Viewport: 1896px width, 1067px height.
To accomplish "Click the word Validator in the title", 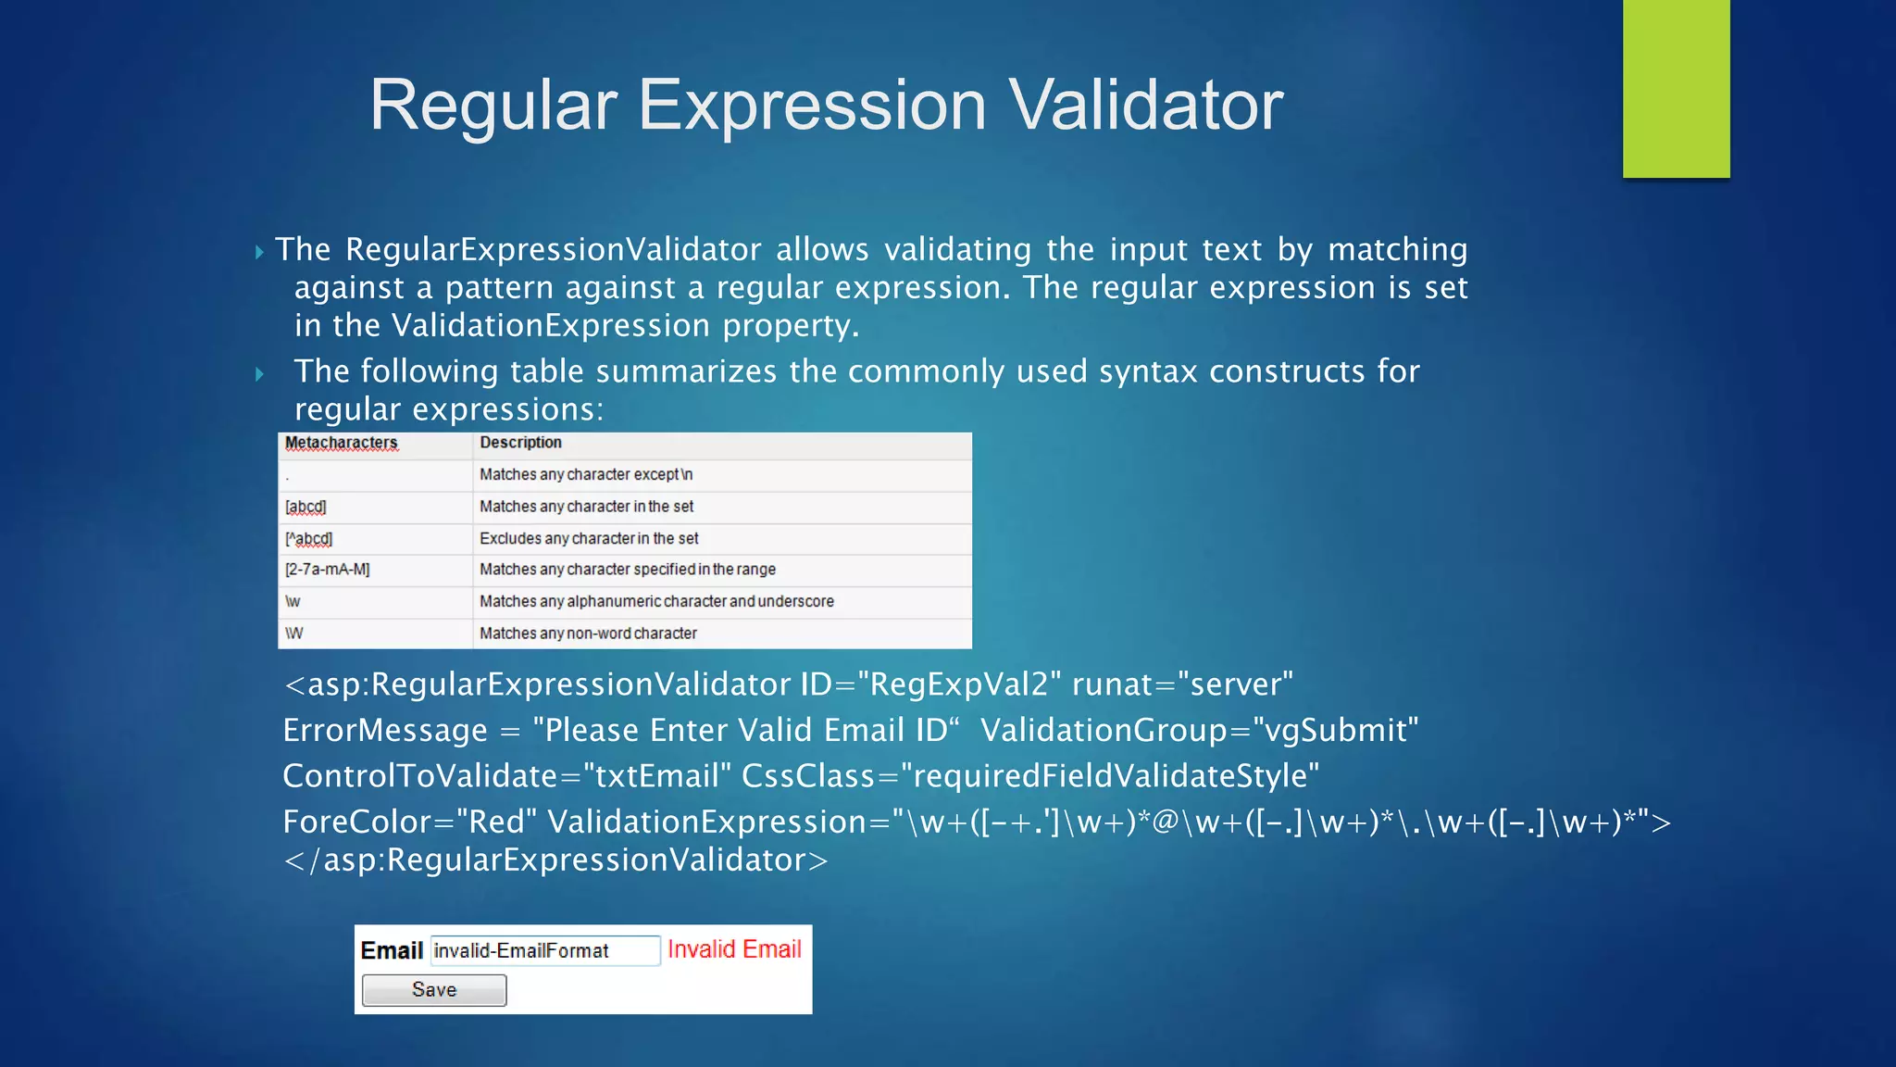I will (1145, 105).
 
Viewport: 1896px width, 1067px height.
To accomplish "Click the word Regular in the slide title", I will (493, 105).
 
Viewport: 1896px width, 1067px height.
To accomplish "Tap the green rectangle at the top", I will (1676, 88).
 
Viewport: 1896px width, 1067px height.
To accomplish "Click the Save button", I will (434, 990).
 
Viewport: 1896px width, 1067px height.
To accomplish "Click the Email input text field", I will (544, 950).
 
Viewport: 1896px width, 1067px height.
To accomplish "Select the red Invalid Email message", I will (734, 949).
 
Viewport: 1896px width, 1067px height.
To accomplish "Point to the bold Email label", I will (392, 950).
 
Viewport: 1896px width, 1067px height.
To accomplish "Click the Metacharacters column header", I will (341, 443).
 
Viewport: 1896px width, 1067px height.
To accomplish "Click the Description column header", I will (520, 443).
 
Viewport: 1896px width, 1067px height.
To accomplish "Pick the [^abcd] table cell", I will (308, 538).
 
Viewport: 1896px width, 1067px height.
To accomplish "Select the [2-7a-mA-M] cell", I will (327, 570).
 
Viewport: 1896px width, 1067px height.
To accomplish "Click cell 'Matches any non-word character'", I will (588, 634).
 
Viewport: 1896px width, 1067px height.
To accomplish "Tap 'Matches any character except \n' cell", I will (586, 474).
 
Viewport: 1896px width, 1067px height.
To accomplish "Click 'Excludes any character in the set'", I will (589, 538).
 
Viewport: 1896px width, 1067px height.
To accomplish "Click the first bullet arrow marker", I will (259, 252).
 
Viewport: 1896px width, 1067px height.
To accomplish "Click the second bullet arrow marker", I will (259, 374).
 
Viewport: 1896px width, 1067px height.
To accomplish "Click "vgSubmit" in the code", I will (1335, 731).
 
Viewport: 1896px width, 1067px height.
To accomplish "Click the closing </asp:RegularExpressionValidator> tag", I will (555, 860).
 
